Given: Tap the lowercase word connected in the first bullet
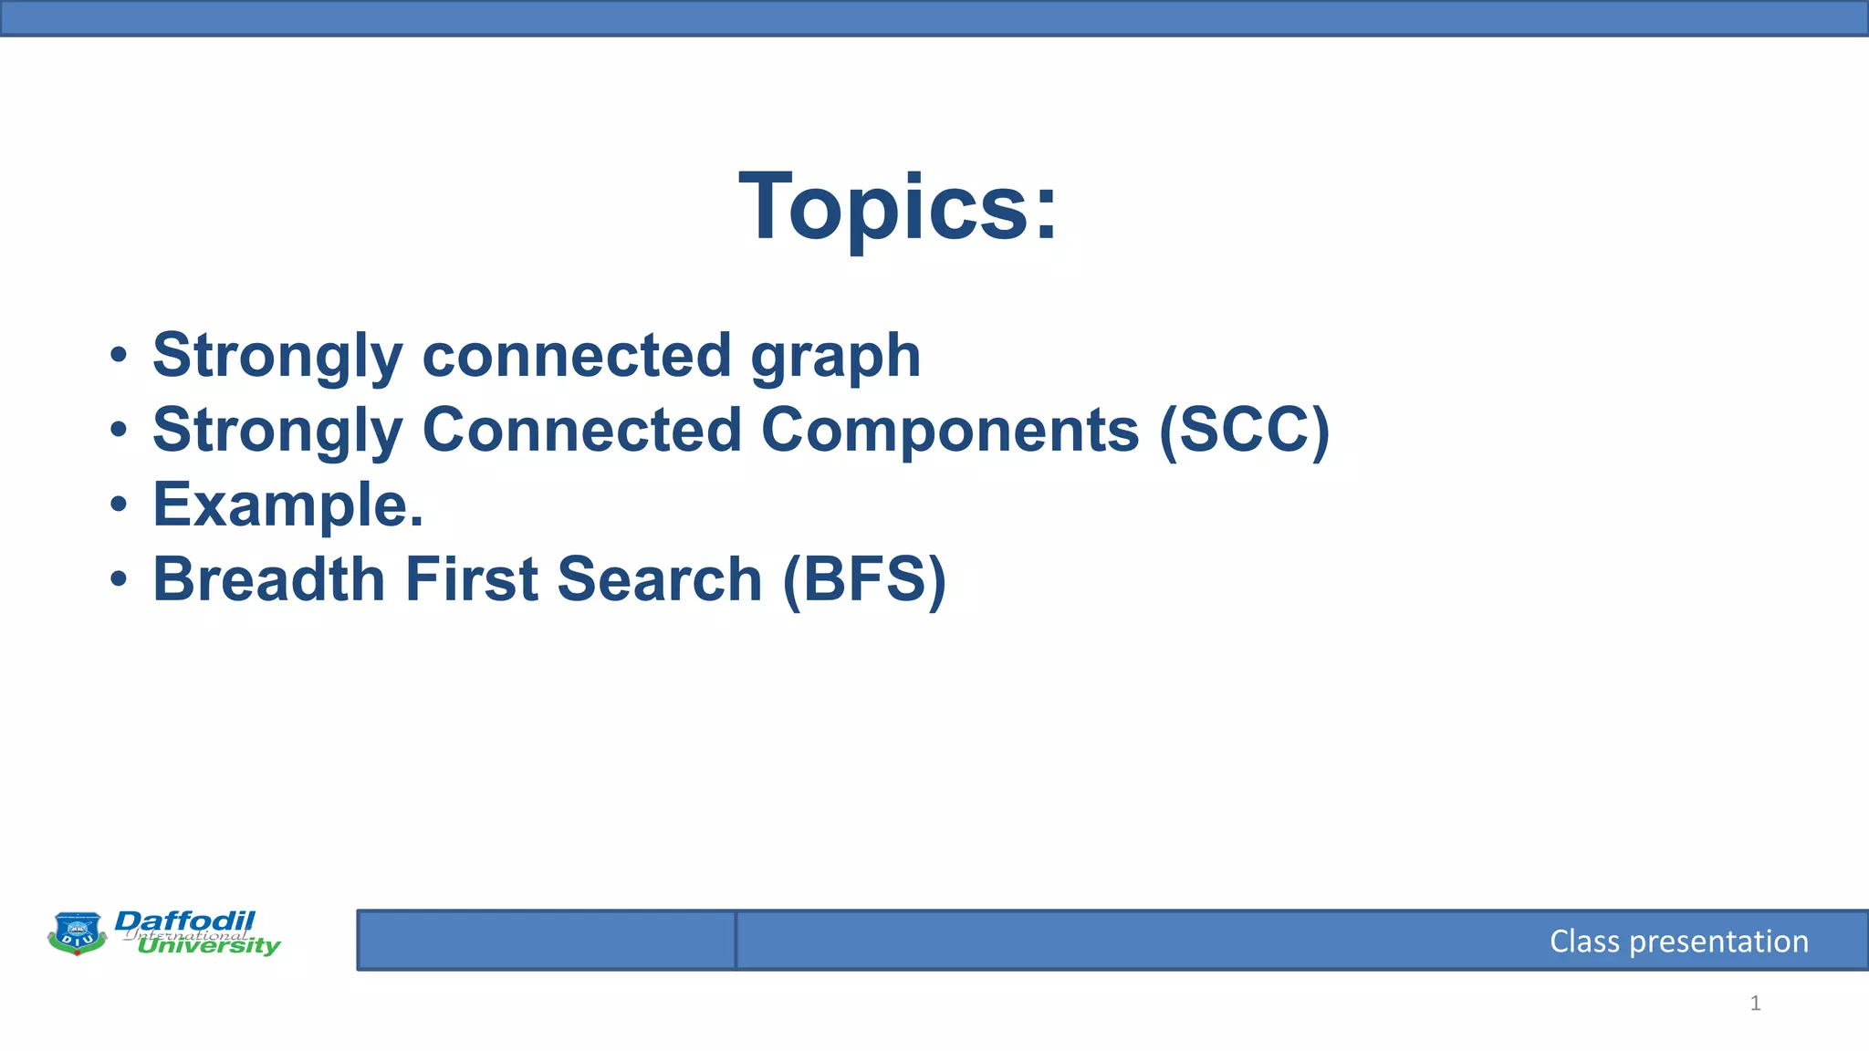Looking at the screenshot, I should point(577,356).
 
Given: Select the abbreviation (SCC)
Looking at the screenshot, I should point(1245,431).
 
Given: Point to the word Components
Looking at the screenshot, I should point(950,431).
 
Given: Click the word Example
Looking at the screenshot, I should point(287,505).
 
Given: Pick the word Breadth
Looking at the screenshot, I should point(269,580).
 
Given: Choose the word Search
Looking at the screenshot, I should point(659,580).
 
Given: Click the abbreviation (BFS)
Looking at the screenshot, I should point(864,580).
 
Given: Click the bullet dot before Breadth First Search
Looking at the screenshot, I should point(119,580).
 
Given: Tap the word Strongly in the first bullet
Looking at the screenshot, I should point(277,356).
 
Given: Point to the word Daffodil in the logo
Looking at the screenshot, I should point(185,921).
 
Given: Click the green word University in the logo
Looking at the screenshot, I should point(208,946).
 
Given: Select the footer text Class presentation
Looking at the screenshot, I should point(1678,941).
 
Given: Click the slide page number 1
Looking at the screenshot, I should point(1755,1004).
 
